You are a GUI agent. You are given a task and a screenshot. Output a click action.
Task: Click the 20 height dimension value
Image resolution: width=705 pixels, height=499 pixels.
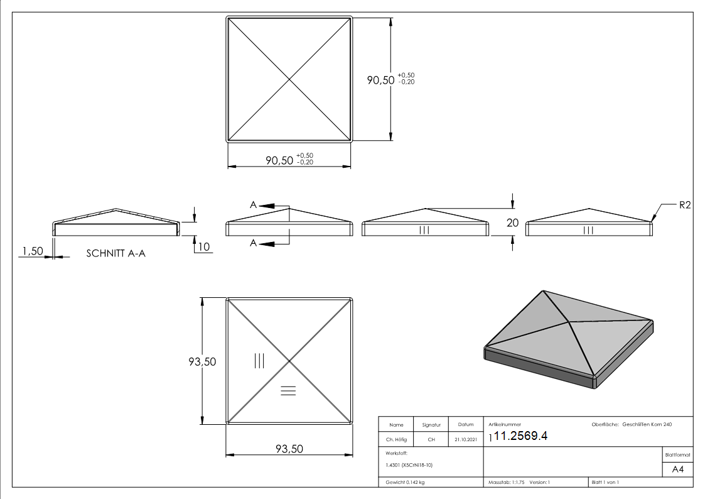pos(513,222)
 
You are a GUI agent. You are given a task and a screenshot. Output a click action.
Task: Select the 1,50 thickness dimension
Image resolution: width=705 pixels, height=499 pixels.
pos(33,251)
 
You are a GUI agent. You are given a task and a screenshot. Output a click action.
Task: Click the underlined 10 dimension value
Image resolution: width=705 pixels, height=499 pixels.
pos(203,247)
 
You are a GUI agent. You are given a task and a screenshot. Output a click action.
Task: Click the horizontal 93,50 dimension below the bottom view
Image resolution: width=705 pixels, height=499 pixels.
pos(289,449)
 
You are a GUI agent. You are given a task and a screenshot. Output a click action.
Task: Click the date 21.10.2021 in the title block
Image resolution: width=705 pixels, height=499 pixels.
pos(465,440)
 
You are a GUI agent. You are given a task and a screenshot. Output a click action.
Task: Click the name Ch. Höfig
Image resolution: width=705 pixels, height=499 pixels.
pos(396,440)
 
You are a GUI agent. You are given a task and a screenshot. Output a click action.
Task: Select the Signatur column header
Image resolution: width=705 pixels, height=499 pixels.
pos(431,425)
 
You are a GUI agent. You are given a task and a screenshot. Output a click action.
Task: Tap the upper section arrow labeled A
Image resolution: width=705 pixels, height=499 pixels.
pos(264,205)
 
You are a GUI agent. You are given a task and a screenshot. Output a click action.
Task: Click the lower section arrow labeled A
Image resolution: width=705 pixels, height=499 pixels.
pos(264,243)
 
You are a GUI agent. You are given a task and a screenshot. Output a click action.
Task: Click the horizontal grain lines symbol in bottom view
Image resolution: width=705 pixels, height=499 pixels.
pos(288,391)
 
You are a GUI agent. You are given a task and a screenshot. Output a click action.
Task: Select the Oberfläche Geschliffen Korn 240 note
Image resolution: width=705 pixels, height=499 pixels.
pos(632,425)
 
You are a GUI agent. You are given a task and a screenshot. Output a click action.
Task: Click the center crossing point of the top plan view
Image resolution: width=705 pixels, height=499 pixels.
pos(289,79)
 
